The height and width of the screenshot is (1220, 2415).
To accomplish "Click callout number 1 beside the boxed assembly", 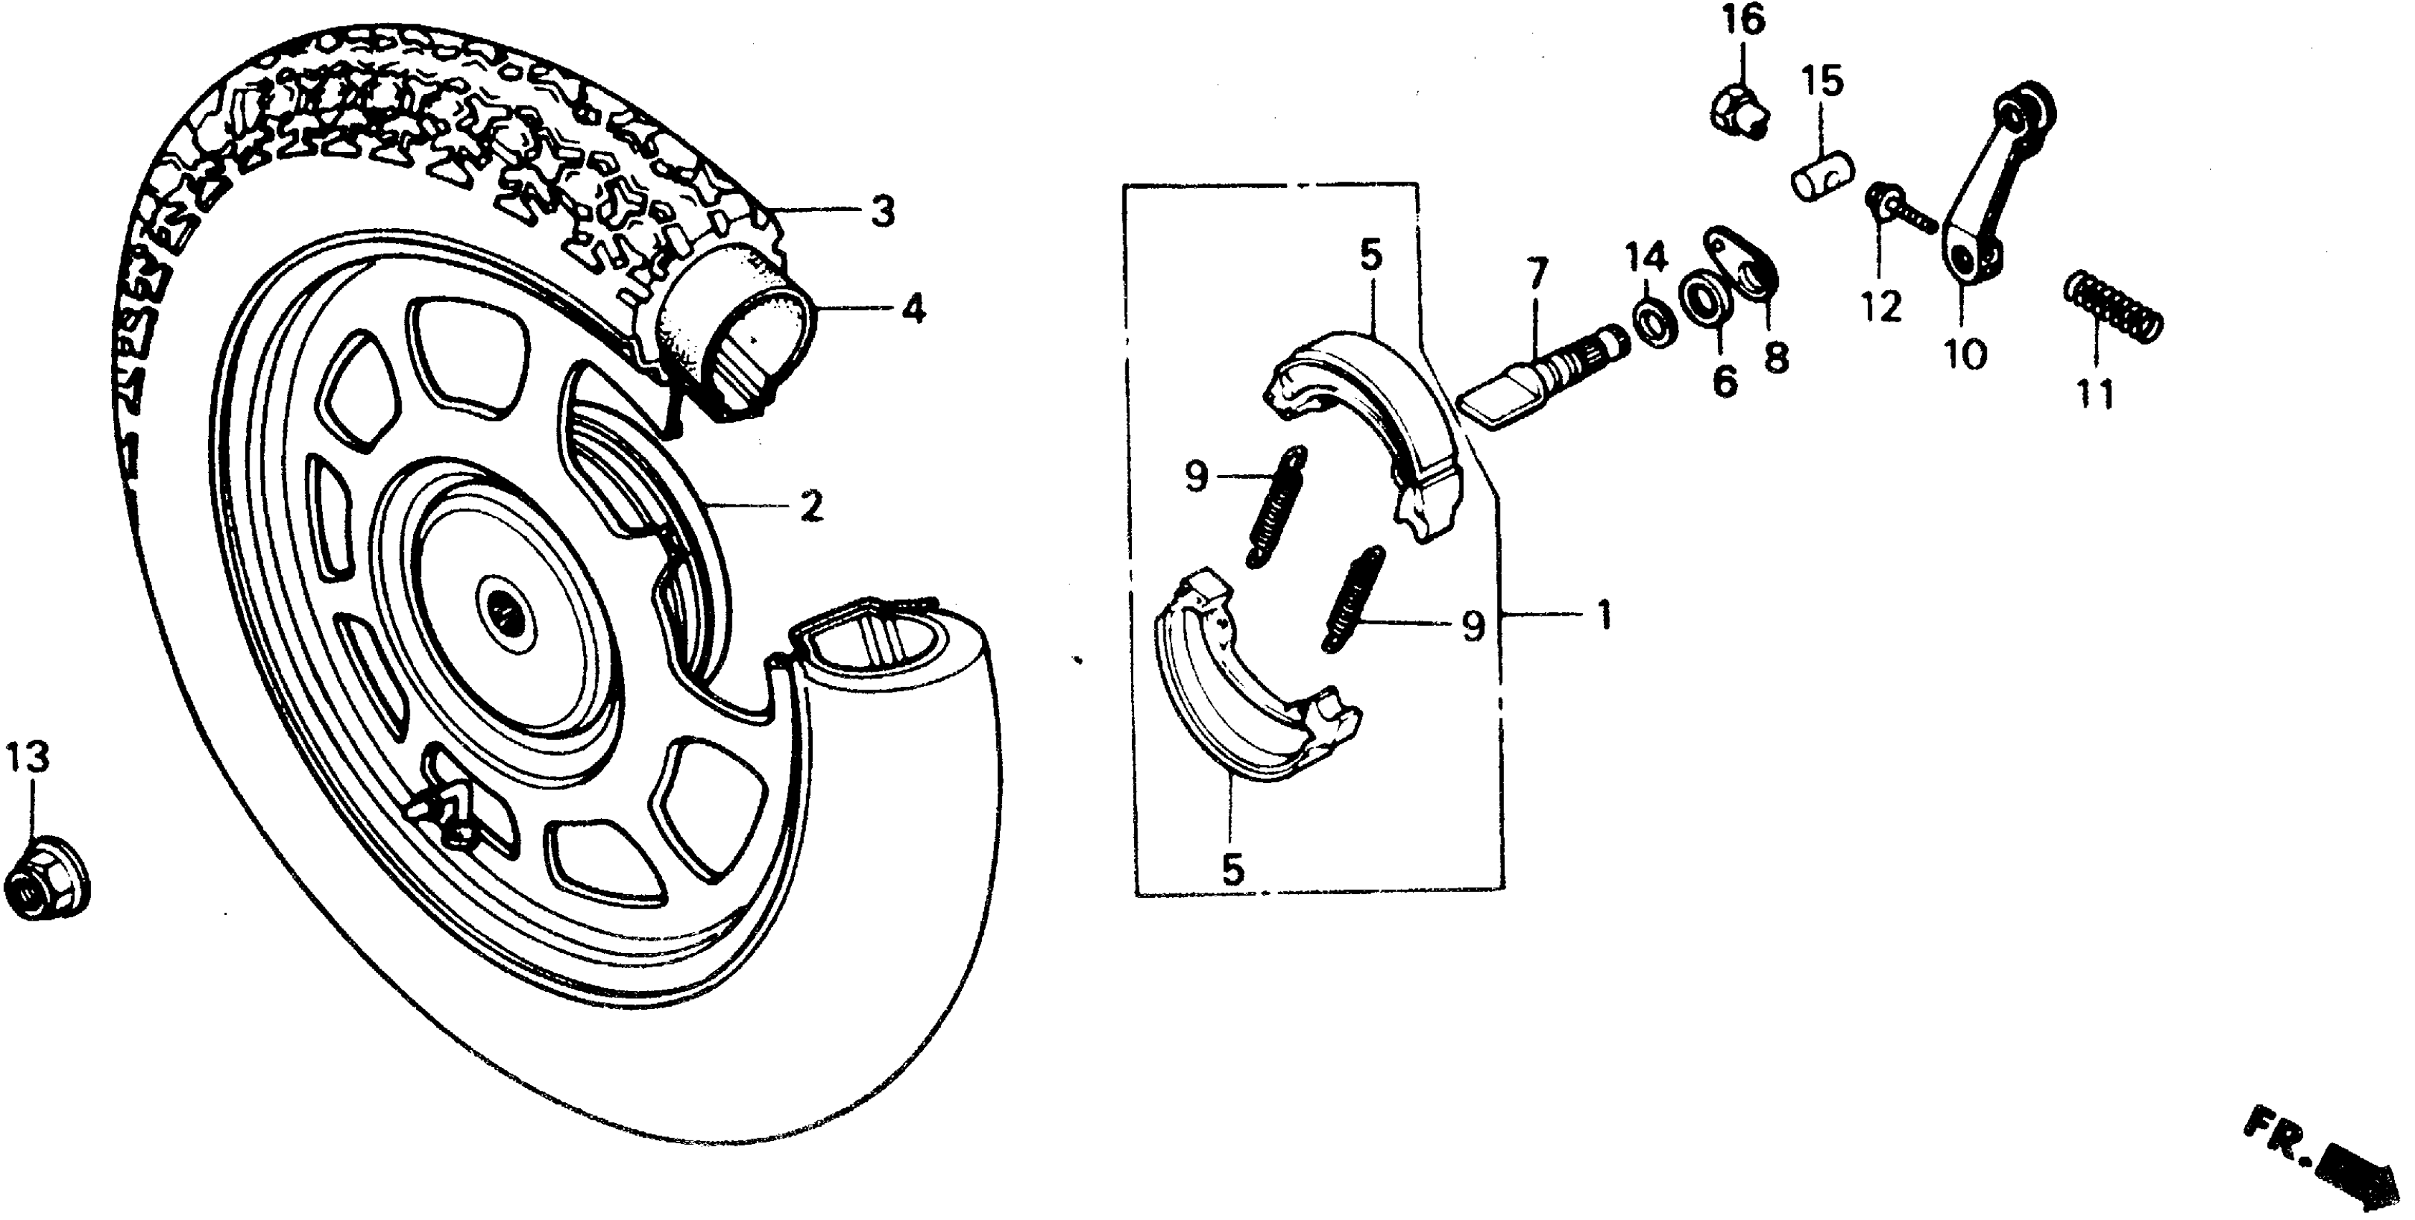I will (x=1604, y=615).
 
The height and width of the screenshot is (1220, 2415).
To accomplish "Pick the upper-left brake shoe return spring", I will (x=1276, y=507).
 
